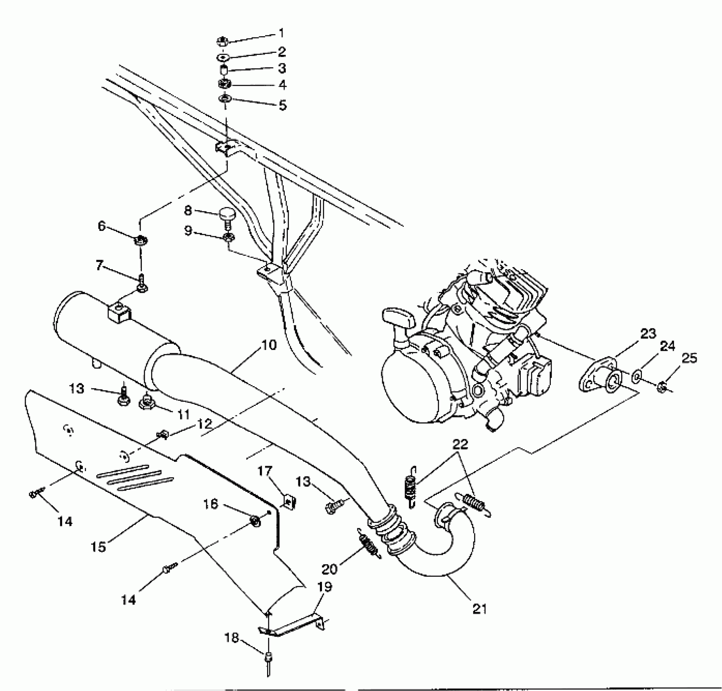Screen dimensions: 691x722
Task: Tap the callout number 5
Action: (x=282, y=105)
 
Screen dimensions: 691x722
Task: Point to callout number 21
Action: (x=479, y=608)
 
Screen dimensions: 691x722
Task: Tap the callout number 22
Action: (x=460, y=444)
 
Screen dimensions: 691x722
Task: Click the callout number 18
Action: (x=232, y=638)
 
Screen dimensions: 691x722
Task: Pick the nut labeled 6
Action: (x=140, y=240)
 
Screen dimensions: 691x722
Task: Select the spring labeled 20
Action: (x=369, y=543)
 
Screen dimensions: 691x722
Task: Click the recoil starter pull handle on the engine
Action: (x=398, y=317)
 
